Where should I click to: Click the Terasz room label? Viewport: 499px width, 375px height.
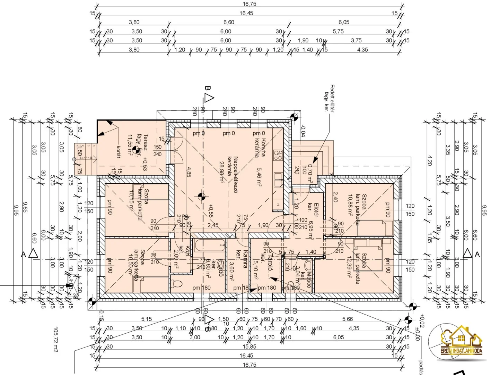coord(146,142)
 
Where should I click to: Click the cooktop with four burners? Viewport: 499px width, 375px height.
coord(278,155)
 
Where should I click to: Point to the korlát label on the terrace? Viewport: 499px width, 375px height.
coord(118,151)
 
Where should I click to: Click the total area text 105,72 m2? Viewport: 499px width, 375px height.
coord(56,339)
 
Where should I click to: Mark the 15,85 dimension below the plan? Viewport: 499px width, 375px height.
coord(249,347)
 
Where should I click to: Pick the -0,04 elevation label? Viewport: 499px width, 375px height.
coord(303,131)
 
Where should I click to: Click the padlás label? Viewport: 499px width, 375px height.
coord(421,367)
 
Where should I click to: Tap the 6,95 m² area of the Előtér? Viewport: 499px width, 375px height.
coord(311,230)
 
